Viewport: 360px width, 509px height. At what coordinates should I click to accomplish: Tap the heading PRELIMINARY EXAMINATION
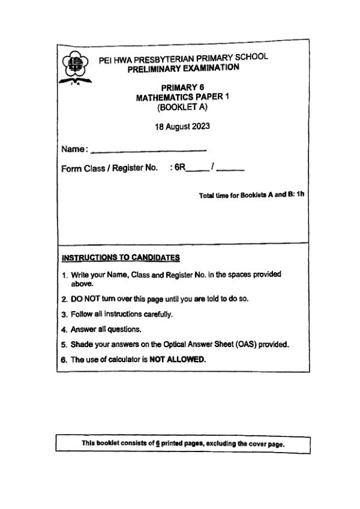pyautogui.click(x=184, y=68)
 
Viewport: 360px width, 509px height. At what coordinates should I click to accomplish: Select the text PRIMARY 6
pyautogui.click(x=182, y=88)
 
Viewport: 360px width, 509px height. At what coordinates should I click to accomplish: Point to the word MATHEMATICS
pyautogui.click(x=163, y=98)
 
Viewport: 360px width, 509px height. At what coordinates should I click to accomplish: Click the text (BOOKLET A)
pyautogui.click(x=182, y=108)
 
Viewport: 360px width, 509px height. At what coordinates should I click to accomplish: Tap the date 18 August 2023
pyautogui.click(x=182, y=127)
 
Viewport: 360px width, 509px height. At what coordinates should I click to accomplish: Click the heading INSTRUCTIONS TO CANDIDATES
pyautogui.click(x=121, y=258)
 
